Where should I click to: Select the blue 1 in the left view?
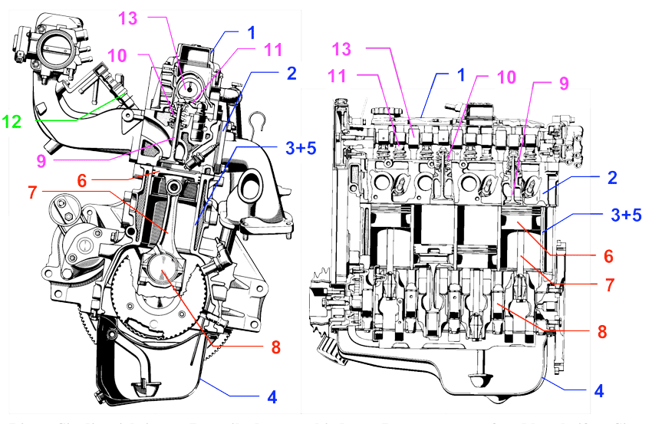coord(250,34)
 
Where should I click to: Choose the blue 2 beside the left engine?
coord(291,74)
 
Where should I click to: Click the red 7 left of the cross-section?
coord(32,192)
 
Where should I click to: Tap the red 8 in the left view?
coord(275,347)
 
